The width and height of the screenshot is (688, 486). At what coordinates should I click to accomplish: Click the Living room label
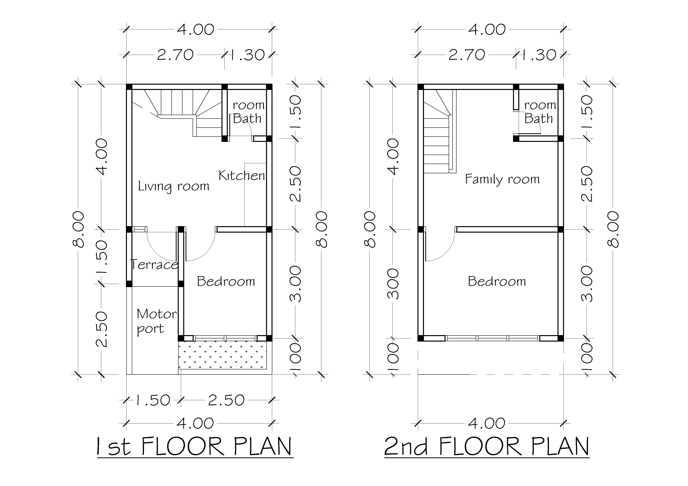point(173,186)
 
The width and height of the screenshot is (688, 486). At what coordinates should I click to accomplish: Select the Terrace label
point(154,265)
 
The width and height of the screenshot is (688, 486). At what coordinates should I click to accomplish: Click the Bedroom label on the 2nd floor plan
point(497,281)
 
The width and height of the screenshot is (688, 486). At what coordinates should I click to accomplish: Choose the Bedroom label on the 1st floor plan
point(226,281)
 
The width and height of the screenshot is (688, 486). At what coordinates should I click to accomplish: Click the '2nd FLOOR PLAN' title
point(487,446)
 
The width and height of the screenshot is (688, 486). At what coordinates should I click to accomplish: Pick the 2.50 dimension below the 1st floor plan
point(226,400)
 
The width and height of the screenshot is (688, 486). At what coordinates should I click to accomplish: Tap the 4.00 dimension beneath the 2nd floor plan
point(487,423)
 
